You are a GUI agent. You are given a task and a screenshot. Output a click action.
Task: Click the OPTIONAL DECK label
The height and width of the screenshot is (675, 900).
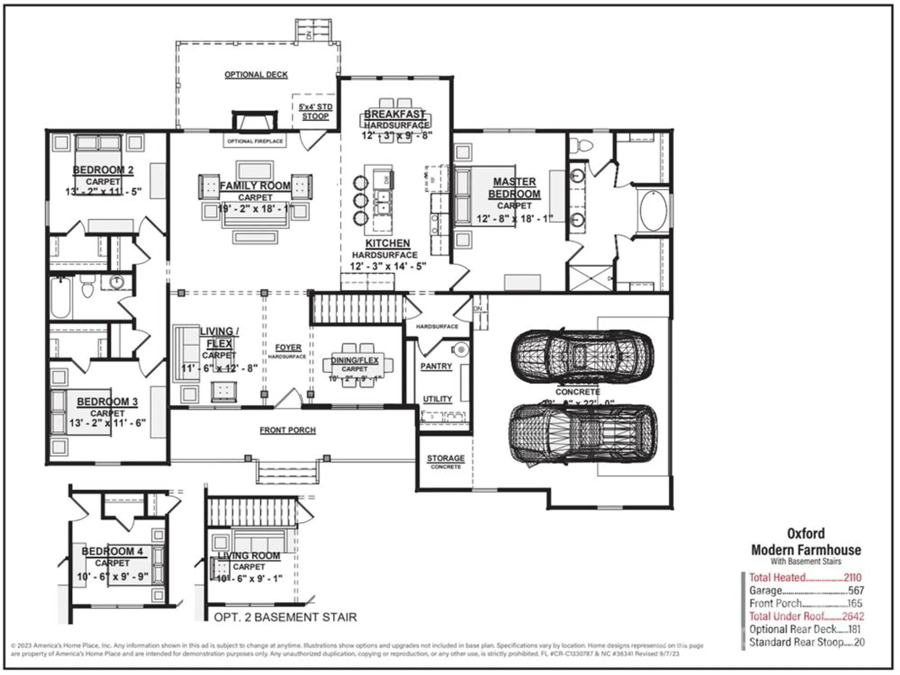click(256, 75)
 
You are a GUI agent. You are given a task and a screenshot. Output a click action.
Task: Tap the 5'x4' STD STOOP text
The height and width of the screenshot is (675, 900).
click(315, 112)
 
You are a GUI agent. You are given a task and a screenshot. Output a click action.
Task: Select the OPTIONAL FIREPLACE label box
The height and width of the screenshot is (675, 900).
click(255, 141)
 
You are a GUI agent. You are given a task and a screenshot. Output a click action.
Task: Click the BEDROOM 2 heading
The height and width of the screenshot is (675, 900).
click(103, 170)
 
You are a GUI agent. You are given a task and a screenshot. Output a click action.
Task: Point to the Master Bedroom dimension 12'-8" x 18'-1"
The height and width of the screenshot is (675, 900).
click(514, 219)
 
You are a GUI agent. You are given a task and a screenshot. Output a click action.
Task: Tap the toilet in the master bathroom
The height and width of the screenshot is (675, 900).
click(582, 146)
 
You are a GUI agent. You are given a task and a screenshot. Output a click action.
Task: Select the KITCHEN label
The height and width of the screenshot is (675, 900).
click(387, 243)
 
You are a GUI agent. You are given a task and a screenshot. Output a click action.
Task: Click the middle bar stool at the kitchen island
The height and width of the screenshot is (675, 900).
click(360, 200)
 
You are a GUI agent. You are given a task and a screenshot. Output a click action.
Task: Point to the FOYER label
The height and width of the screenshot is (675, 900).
click(288, 348)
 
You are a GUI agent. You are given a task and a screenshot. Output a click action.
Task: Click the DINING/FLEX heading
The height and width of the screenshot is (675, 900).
click(355, 360)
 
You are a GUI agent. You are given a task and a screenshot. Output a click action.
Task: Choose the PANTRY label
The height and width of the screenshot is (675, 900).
click(436, 366)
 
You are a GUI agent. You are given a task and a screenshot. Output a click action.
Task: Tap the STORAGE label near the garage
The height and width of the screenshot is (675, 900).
click(445, 458)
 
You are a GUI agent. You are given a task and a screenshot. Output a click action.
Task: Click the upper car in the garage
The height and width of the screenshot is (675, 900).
click(582, 355)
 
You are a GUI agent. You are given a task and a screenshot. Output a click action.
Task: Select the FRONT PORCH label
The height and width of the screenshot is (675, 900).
click(288, 430)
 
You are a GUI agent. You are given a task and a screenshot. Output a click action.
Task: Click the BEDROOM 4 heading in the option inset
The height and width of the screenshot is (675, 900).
click(112, 551)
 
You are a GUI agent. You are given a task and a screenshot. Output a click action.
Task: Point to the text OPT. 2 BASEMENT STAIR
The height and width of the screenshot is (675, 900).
click(285, 617)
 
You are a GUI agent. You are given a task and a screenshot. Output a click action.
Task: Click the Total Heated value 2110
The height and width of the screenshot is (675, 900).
click(852, 577)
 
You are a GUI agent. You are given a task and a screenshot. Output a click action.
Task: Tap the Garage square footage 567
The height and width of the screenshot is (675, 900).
click(856, 590)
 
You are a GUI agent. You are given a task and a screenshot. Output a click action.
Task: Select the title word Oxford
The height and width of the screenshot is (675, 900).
click(805, 534)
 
